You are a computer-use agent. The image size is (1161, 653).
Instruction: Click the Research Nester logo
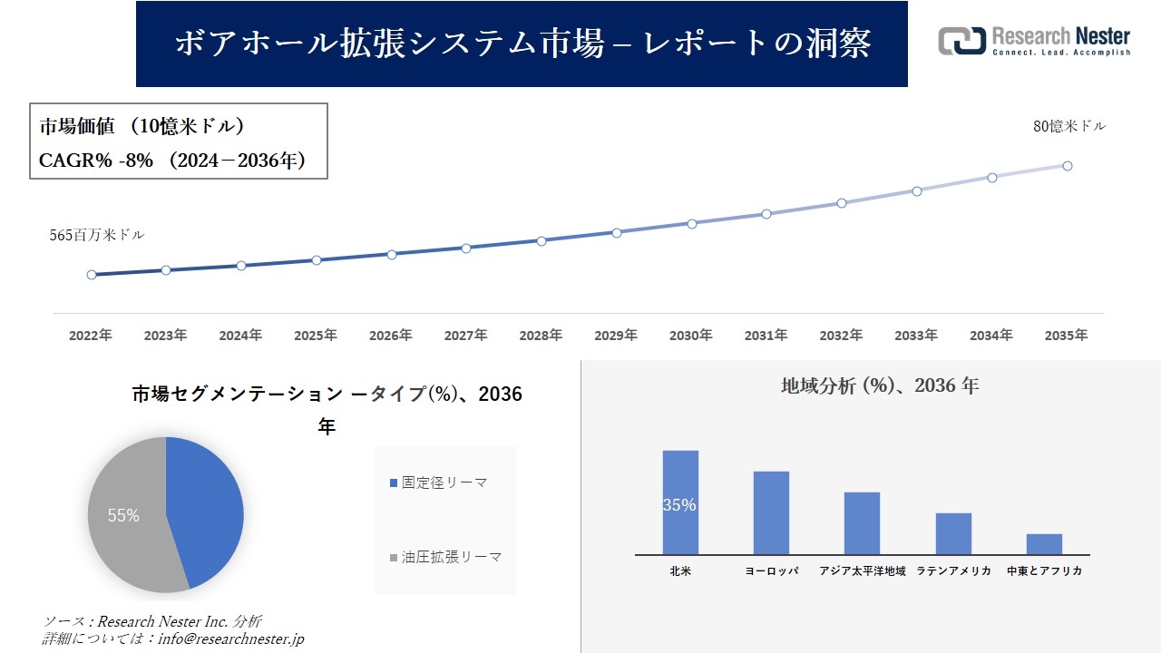point(1034,41)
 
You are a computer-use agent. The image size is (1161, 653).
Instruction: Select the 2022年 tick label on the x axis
point(91,336)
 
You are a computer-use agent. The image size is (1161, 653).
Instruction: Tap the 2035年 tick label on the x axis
point(1066,336)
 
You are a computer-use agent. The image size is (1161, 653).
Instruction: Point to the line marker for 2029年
point(617,233)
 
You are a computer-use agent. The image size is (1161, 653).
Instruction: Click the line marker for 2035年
point(1068,166)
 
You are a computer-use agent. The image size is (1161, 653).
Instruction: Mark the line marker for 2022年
point(92,275)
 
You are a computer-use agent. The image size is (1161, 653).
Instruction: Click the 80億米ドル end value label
point(1069,127)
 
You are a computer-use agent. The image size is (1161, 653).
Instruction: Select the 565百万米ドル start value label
point(97,235)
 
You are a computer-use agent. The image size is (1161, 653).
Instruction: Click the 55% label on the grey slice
point(123,516)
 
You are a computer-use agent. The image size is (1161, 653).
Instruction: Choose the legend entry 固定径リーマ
point(439,483)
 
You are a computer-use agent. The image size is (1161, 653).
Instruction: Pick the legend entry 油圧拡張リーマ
point(445,557)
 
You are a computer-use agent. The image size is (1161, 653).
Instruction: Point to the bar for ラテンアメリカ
point(953,534)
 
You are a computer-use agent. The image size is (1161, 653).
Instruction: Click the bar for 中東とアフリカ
point(1044,544)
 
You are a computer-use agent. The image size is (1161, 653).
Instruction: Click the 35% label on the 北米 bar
point(679,505)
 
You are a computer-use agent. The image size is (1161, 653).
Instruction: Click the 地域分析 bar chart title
point(879,385)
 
